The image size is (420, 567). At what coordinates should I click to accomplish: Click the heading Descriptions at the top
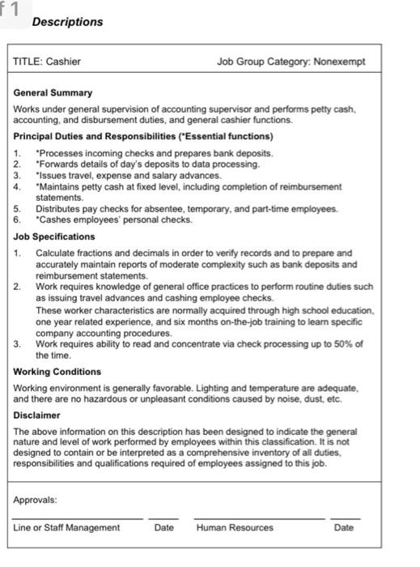(x=67, y=22)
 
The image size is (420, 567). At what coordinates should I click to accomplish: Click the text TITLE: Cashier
(x=47, y=62)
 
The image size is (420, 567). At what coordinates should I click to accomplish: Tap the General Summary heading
(x=53, y=93)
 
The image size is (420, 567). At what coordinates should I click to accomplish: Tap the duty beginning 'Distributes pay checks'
(x=186, y=209)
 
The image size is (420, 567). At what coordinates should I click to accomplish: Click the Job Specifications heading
(x=54, y=237)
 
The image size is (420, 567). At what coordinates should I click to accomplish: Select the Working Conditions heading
(x=57, y=372)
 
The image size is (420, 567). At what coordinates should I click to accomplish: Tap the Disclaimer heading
(x=37, y=416)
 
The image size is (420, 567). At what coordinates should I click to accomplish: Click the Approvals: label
(x=36, y=500)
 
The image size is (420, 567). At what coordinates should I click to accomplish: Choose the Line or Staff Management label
(x=66, y=527)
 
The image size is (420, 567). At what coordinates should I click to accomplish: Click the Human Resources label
(x=235, y=527)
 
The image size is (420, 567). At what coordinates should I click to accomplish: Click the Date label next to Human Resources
(x=343, y=527)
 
